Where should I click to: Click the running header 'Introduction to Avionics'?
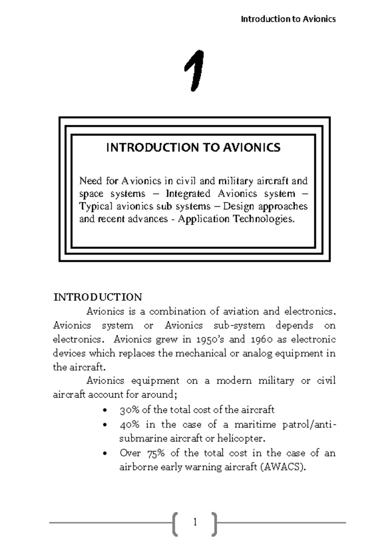288,19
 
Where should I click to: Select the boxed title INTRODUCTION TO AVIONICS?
193,148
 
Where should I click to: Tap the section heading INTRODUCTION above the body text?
98,297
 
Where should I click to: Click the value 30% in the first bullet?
129,410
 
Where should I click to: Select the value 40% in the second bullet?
129,424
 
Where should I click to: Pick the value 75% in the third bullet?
156,453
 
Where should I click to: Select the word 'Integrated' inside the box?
188,194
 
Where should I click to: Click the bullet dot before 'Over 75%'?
104,454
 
